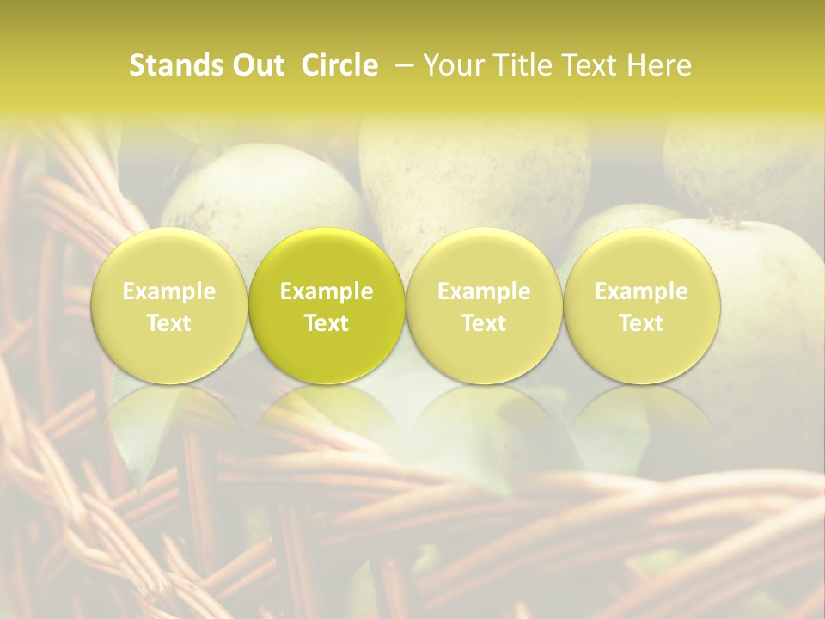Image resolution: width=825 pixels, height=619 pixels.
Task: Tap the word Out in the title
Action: [x=256, y=65]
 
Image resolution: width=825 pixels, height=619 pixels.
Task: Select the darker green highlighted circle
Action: [x=327, y=305]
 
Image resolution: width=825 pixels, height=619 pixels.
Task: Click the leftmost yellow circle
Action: [x=169, y=305]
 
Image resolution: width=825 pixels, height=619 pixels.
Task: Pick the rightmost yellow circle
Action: [x=641, y=305]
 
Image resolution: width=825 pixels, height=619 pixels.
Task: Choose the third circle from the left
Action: [x=484, y=305]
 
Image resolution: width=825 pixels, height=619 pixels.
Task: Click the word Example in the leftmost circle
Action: [x=169, y=291]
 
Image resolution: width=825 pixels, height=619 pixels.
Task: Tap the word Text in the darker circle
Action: [x=327, y=323]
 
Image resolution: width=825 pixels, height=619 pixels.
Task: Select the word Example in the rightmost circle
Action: [x=641, y=291]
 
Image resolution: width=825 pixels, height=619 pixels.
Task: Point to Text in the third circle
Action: [x=484, y=323]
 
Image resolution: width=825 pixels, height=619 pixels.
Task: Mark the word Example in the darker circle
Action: [x=327, y=291]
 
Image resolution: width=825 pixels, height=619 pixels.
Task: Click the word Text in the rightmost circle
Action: [x=641, y=323]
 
